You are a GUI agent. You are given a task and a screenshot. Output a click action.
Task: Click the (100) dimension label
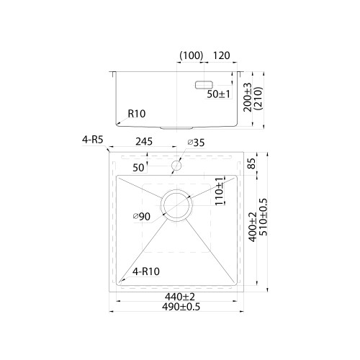(x=192, y=55)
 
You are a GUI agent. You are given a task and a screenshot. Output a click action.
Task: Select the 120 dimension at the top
(x=222, y=55)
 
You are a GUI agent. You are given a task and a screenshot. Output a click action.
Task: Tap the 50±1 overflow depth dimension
(x=218, y=94)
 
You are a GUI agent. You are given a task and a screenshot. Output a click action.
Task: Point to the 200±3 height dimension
(x=248, y=97)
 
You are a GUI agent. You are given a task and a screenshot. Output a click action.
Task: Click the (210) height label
(x=258, y=99)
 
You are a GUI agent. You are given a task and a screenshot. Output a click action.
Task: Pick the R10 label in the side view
(x=137, y=114)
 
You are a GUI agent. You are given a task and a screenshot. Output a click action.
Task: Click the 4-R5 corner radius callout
(x=92, y=140)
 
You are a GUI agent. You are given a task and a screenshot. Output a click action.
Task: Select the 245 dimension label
(x=144, y=142)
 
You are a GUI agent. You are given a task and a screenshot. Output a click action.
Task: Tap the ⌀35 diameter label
(x=196, y=143)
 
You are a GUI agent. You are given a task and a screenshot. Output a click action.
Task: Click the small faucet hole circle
(x=176, y=166)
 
